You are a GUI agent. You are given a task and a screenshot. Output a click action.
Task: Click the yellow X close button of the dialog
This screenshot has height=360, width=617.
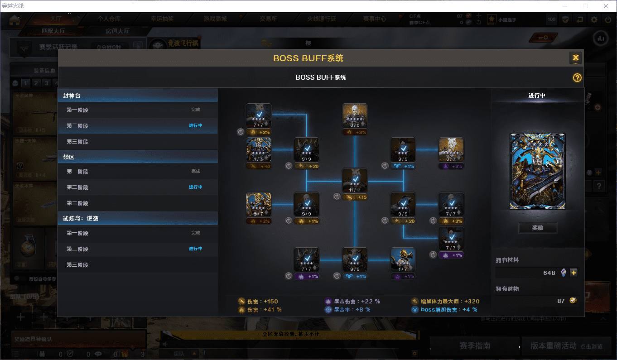(x=575, y=58)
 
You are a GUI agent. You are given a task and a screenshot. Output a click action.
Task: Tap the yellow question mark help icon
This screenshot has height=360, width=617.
(x=577, y=77)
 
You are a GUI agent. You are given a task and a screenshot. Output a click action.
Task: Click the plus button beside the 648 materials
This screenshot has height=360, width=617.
(x=574, y=273)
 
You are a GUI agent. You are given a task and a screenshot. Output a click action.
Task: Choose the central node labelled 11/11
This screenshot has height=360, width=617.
(x=355, y=181)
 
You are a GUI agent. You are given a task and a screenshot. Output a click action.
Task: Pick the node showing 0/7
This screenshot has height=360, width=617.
(x=451, y=150)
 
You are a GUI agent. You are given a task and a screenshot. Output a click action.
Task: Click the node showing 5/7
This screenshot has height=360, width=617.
(x=259, y=205)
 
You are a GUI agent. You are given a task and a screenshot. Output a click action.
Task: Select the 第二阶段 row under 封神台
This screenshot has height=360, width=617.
(x=137, y=125)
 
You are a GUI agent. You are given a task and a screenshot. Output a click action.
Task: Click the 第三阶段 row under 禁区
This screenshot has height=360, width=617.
(x=137, y=203)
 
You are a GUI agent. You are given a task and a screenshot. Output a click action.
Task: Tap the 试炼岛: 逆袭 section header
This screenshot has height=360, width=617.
(x=137, y=218)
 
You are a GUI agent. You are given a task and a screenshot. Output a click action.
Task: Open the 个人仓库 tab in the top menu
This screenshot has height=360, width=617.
(x=109, y=19)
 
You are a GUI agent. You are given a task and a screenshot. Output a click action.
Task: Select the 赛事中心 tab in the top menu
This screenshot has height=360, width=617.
(x=374, y=19)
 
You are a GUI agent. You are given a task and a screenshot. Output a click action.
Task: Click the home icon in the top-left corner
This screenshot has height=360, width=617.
(x=15, y=20)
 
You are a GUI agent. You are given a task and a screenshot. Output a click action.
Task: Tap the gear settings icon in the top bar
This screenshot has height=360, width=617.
(x=594, y=20)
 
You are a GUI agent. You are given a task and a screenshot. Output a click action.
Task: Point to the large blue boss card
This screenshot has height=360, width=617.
(x=537, y=171)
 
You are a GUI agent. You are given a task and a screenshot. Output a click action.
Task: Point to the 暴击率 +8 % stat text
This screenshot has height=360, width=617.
(x=352, y=310)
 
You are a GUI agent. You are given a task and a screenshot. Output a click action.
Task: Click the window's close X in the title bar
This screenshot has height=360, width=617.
(x=606, y=6)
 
